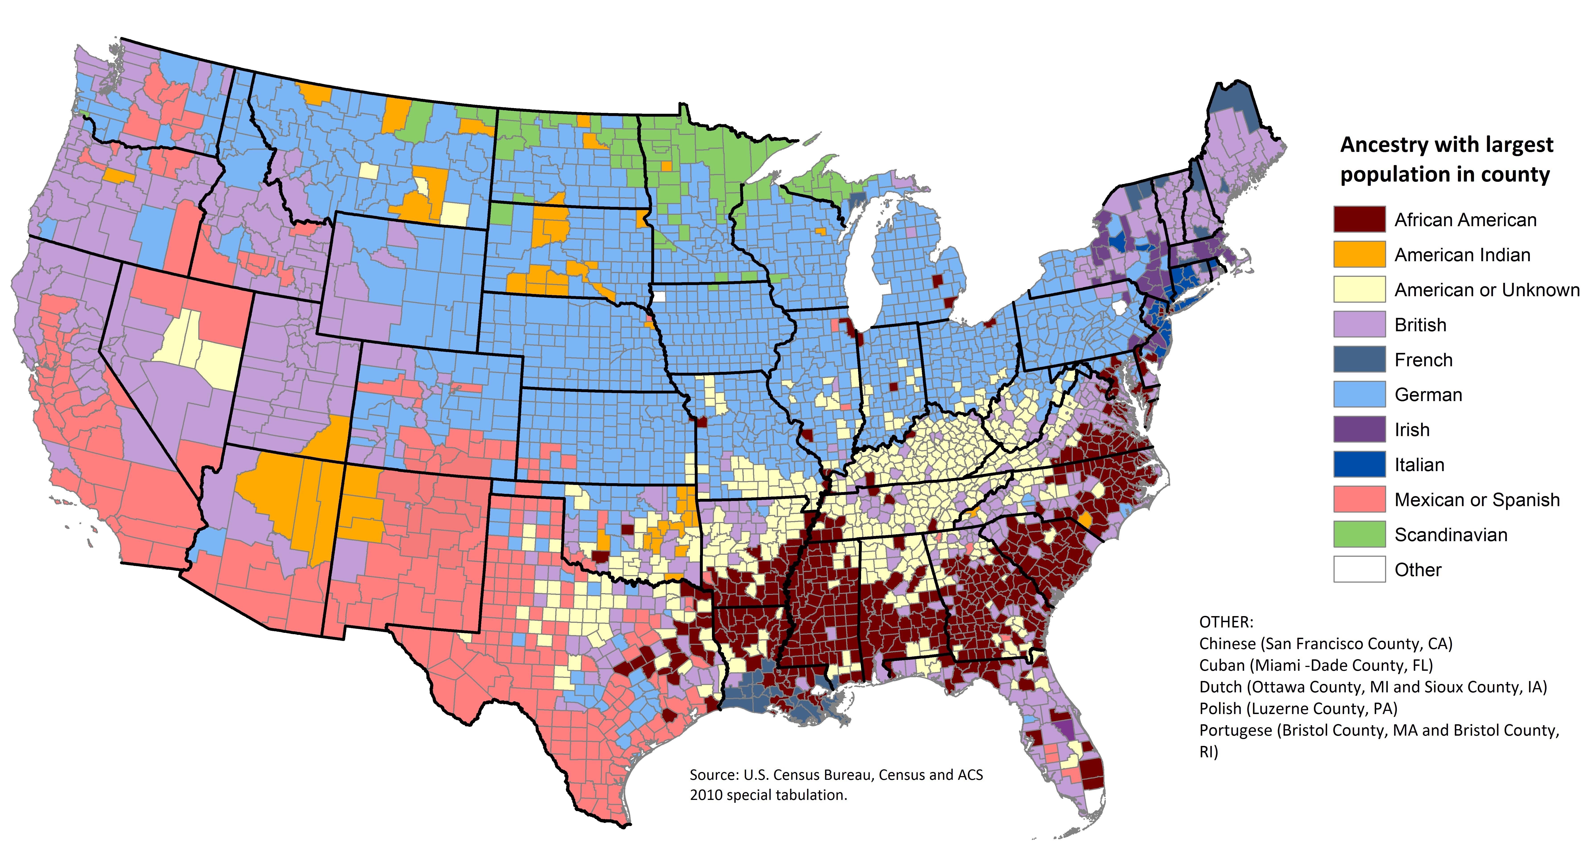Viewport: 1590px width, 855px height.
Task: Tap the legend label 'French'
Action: [x=1423, y=360]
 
